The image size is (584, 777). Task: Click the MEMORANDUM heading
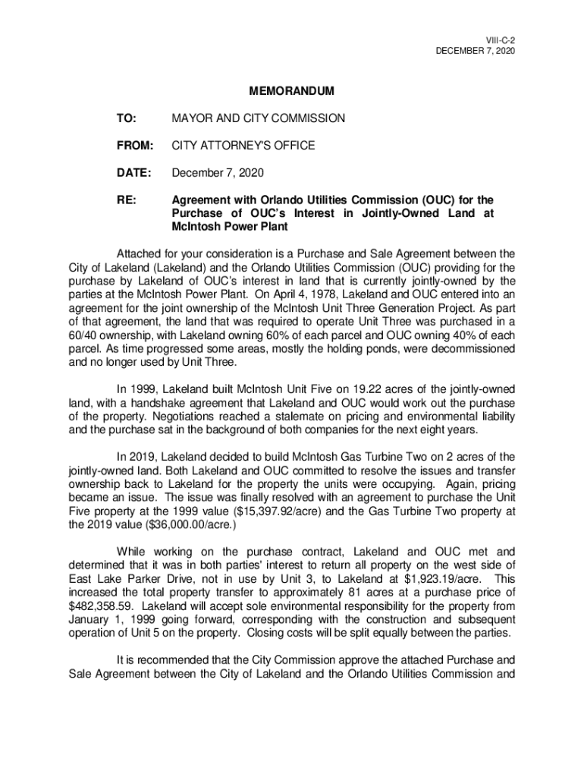click(291, 92)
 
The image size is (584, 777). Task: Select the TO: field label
click(126, 118)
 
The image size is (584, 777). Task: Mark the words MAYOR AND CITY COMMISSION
click(259, 118)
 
